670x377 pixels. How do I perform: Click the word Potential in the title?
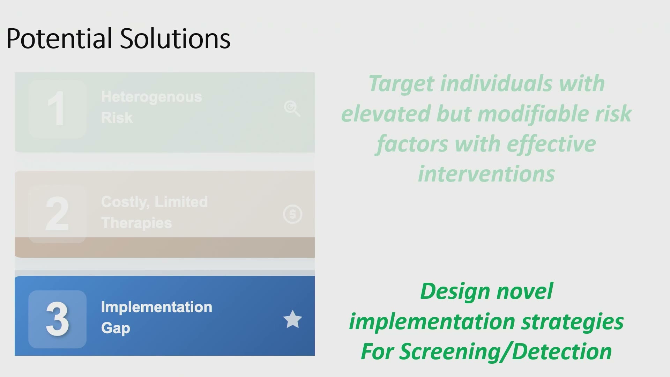[59, 38]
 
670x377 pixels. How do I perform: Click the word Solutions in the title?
[175, 38]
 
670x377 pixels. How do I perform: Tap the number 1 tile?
[57, 109]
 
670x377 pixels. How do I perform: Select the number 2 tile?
[57, 214]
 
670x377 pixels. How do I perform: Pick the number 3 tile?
[57, 319]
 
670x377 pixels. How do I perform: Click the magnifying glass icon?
[292, 109]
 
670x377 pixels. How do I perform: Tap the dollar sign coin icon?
[292, 214]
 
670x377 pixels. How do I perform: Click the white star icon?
[292, 319]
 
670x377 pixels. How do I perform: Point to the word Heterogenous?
[151, 97]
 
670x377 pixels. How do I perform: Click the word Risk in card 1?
[117, 118]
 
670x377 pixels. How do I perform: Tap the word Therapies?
[136, 223]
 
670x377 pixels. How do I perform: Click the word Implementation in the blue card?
[157, 307]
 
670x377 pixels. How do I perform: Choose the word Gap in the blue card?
[116, 328]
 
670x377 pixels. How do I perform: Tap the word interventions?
[486, 174]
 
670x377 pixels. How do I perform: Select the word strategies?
[572, 322]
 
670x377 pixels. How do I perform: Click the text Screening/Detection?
[506, 352]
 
